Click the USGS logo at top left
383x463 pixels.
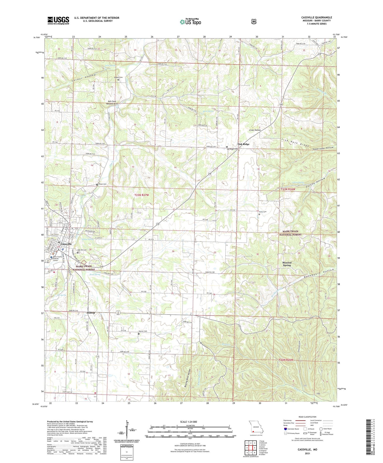tap(58, 20)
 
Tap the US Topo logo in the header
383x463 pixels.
tap(190, 22)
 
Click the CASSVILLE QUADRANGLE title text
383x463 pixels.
tap(316, 18)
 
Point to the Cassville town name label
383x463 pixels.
tap(66, 244)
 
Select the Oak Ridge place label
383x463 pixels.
tap(243, 144)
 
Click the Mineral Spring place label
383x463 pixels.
tap(287, 264)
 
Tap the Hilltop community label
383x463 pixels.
tap(91, 313)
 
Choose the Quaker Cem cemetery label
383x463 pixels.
tap(118, 77)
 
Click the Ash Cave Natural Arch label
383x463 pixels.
tap(112, 102)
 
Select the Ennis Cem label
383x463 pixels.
tap(263, 212)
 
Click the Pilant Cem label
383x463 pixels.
tap(103, 184)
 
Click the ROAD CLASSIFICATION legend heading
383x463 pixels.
tap(307, 417)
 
